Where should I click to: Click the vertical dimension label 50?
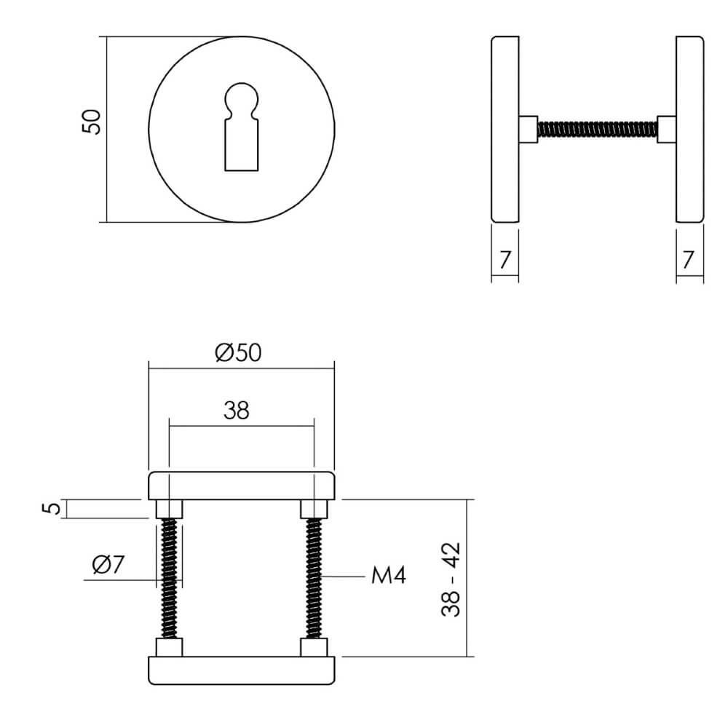click(91, 122)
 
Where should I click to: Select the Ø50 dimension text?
click(238, 353)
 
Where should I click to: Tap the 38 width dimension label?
click(237, 411)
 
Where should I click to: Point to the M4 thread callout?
click(388, 577)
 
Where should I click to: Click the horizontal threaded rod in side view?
click(597, 130)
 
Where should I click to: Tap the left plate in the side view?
click(505, 129)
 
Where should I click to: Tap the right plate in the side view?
click(689, 129)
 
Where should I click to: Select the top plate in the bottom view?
click(241, 486)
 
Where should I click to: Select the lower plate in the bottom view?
click(241, 670)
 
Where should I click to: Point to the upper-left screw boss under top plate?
click(169, 508)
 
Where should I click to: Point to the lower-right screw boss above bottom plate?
click(314, 646)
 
